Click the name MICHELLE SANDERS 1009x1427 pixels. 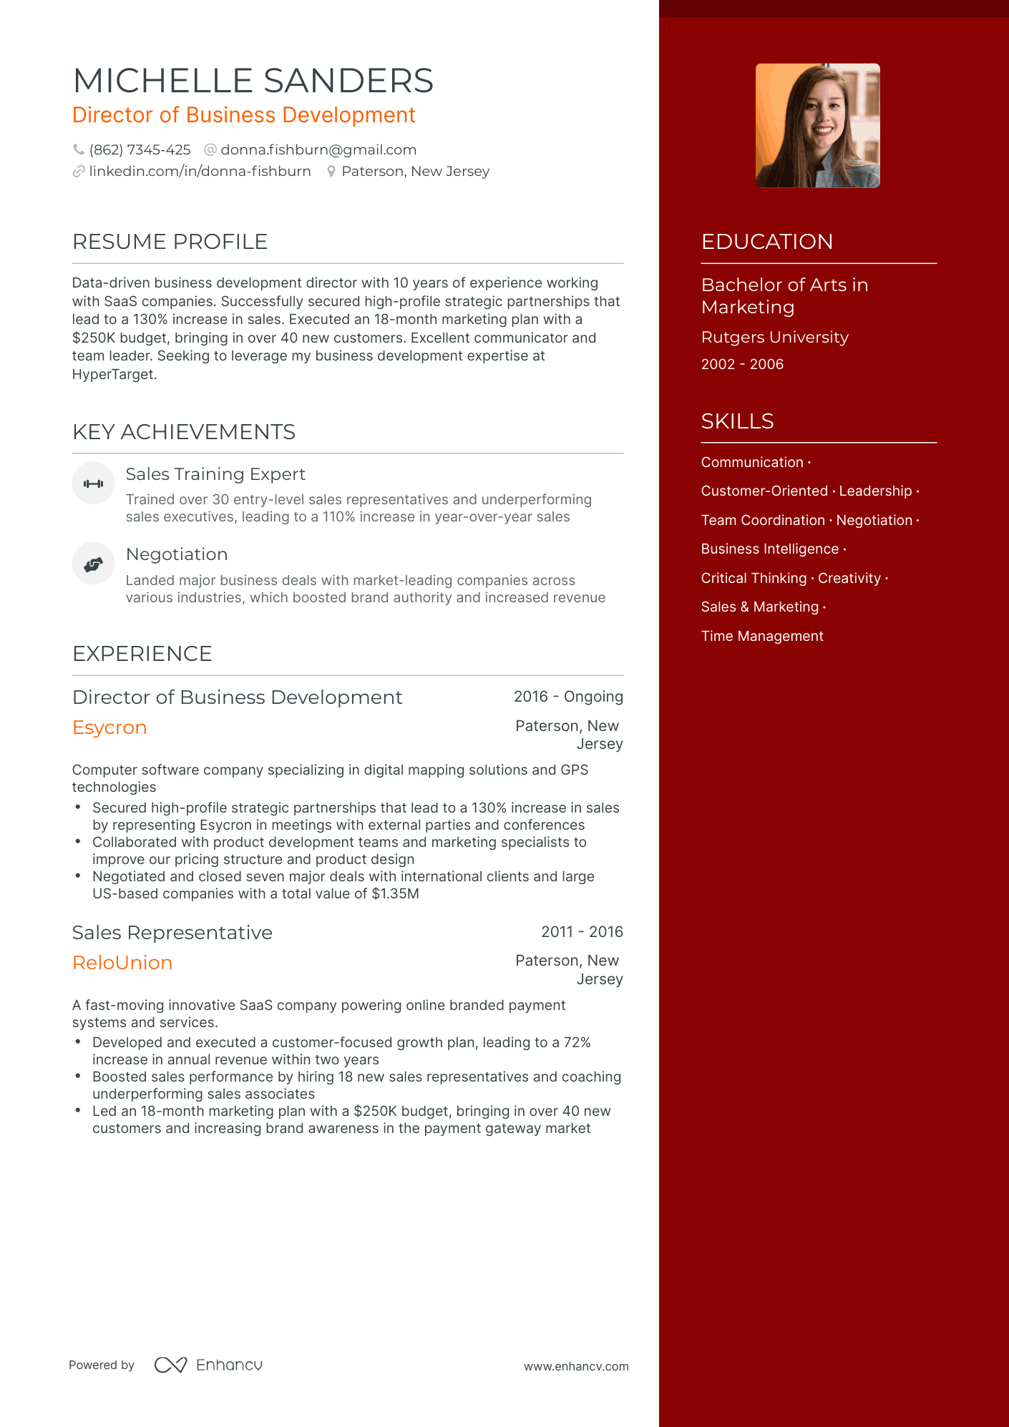(253, 81)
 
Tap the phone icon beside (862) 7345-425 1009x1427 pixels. (79, 149)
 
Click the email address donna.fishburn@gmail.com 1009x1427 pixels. (318, 149)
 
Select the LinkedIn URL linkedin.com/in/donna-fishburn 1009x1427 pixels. (200, 171)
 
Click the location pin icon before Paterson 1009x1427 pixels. (331, 172)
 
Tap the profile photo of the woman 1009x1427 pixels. (817, 126)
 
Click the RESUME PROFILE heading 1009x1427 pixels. (170, 242)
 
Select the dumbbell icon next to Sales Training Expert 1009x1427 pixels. (93, 484)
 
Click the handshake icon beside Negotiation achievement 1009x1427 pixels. (93, 564)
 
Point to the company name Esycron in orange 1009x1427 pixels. (109, 727)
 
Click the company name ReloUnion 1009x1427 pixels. (122, 963)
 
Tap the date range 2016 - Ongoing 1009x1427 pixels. (568, 697)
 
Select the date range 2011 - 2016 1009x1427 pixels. (582, 932)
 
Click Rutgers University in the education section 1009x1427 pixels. (774, 337)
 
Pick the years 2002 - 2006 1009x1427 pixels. (742, 364)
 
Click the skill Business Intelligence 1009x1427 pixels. (769, 549)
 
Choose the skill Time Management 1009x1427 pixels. (762, 636)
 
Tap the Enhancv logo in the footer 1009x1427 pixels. (208, 1365)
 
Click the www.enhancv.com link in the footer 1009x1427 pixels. (576, 1366)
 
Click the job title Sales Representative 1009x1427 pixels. (172, 933)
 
